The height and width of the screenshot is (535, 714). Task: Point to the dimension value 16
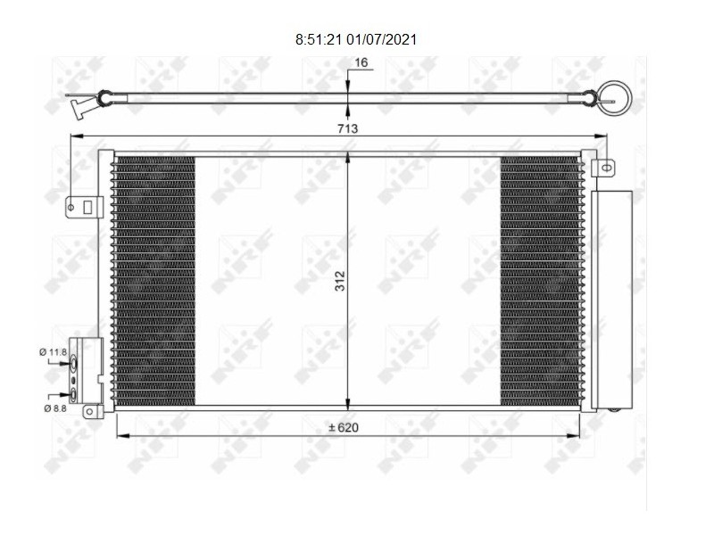click(x=361, y=62)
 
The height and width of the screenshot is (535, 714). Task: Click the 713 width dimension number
click(x=348, y=128)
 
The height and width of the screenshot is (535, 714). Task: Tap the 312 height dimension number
click(x=340, y=281)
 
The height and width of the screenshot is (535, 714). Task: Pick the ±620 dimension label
click(x=344, y=428)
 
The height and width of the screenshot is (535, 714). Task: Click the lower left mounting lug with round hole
click(x=91, y=411)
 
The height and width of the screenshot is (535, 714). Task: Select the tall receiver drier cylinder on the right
click(x=611, y=299)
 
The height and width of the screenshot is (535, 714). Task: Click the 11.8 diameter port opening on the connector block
click(x=75, y=362)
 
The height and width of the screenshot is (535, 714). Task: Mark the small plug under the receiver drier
click(x=614, y=410)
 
